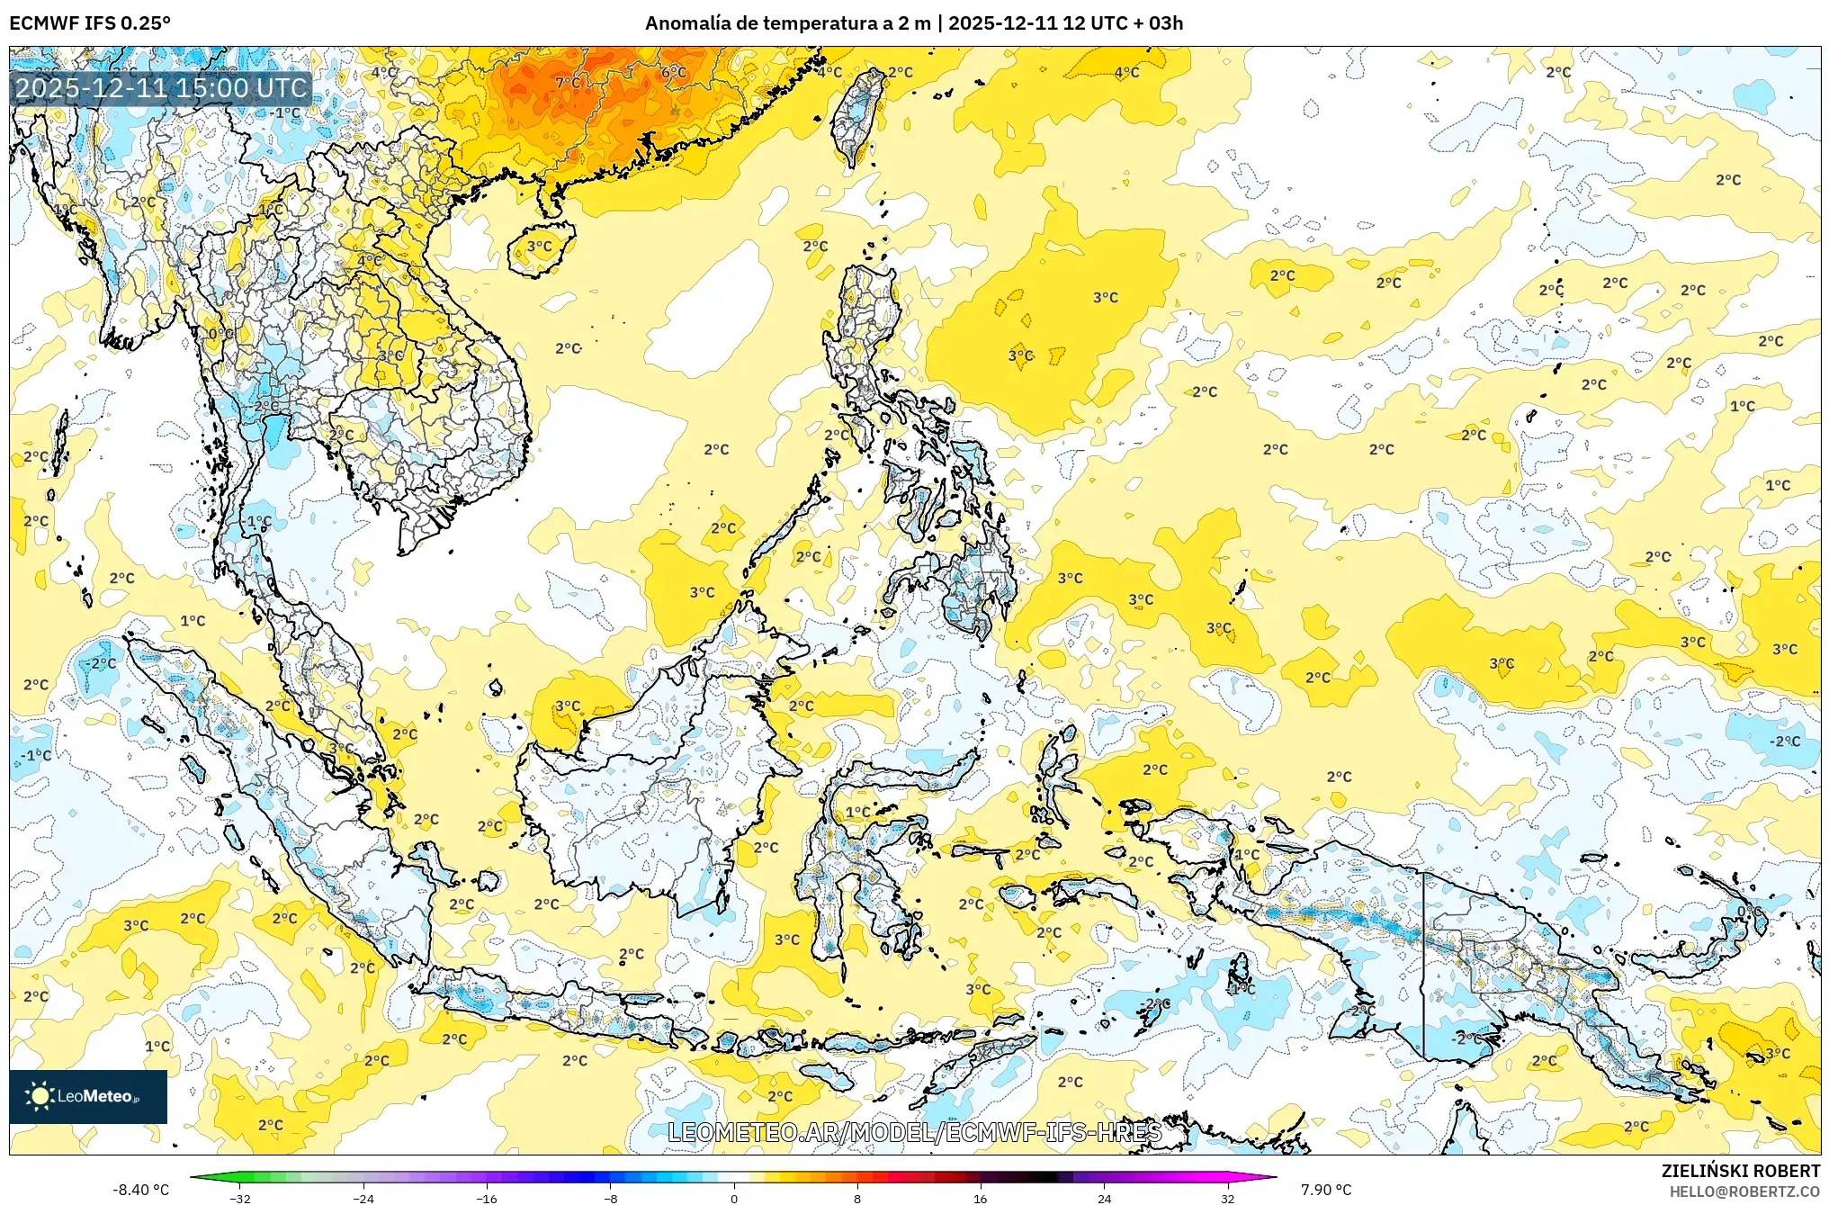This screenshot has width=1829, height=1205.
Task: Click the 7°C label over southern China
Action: (x=568, y=83)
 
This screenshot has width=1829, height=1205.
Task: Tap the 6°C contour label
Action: (x=674, y=72)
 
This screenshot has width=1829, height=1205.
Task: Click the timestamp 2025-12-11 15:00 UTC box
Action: (x=162, y=88)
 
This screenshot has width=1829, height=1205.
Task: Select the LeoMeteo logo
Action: (x=87, y=1096)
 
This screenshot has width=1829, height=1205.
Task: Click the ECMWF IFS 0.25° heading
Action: (x=90, y=23)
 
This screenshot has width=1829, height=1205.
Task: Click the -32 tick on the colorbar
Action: (x=240, y=1198)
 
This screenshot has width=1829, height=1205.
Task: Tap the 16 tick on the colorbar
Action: (x=980, y=1198)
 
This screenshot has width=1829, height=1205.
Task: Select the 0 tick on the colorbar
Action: (x=734, y=1198)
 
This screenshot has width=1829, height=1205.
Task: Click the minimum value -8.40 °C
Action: (x=140, y=1190)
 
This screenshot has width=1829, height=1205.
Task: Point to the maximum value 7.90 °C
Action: (x=1326, y=1190)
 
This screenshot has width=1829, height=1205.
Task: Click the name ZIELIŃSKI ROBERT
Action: (x=1740, y=1171)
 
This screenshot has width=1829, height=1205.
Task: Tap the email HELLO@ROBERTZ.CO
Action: (x=1744, y=1192)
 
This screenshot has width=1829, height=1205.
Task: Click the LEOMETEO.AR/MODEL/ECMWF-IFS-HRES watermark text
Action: (x=914, y=1132)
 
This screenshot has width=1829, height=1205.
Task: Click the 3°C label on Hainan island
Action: (x=539, y=246)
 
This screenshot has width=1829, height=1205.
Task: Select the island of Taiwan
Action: (x=854, y=117)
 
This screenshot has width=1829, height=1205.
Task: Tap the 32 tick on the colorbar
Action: (x=1227, y=1198)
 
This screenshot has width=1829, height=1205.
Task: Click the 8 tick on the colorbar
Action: (x=857, y=1198)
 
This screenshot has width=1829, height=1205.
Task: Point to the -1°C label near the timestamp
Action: (x=287, y=113)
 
